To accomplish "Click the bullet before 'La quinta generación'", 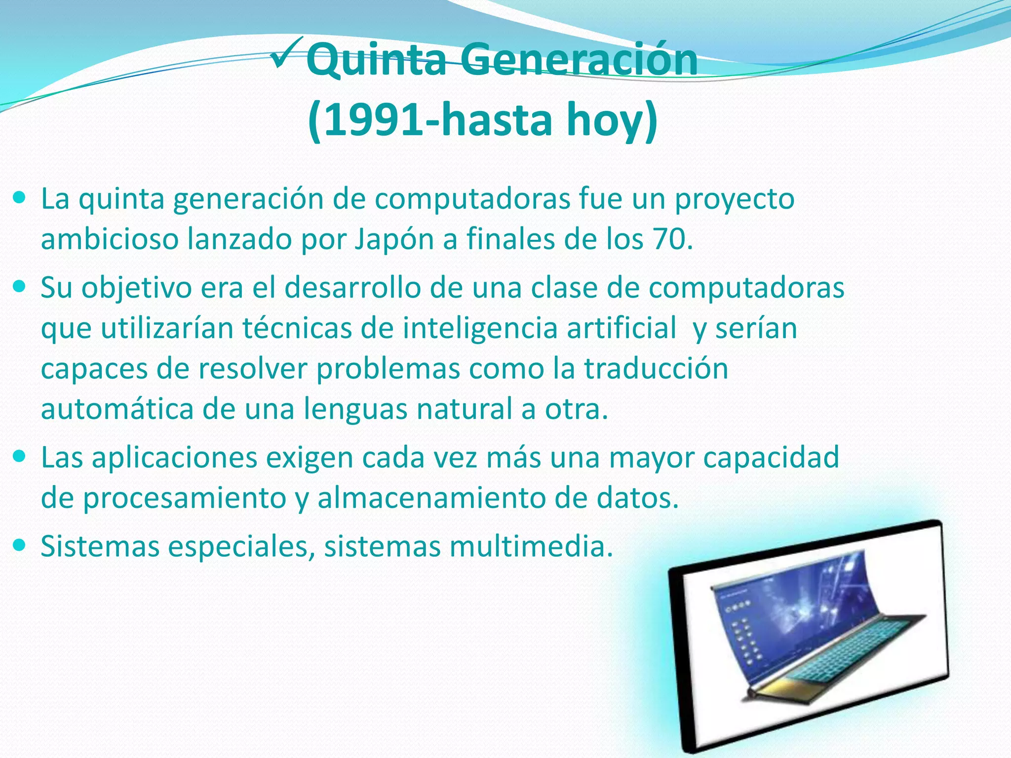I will [20, 198].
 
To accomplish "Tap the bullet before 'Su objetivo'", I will [20, 287].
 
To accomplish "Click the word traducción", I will [656, 368].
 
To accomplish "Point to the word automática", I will [117, 409].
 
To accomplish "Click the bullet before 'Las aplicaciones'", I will [20, 457].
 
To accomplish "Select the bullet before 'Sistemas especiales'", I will [20, 545].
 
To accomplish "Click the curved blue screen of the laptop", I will [790, 607].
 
